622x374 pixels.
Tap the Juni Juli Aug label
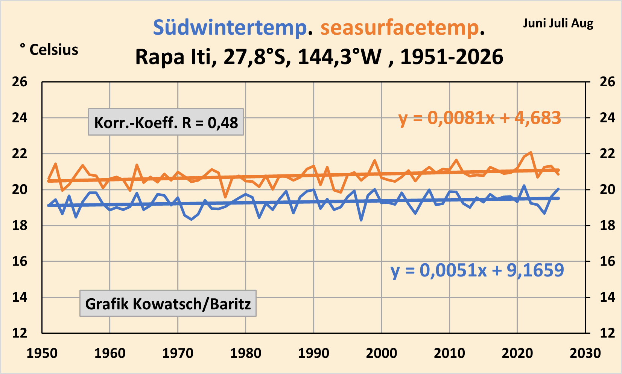(x=558, y=23)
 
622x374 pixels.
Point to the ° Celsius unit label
(x=49, y=50)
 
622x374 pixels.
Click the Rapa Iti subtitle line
(x=319, y=57)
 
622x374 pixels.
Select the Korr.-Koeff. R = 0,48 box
(x=166, y=122)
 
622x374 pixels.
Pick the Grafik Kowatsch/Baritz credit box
(x=168, y=304)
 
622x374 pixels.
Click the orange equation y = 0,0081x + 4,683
(x=480, y=118)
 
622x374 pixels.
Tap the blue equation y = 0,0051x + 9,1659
(x=478, y=270)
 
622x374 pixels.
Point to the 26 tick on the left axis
(x=20, y=82)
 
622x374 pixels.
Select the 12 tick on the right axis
(x=608, y=333)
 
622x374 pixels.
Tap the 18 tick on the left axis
(x=20, y=225)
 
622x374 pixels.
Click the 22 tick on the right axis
(x=608, y=154)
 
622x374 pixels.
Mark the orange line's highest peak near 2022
(x=531, y=152)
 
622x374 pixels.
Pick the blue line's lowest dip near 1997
(x=361, y=220)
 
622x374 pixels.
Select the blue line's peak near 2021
(x=524, y=185)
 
